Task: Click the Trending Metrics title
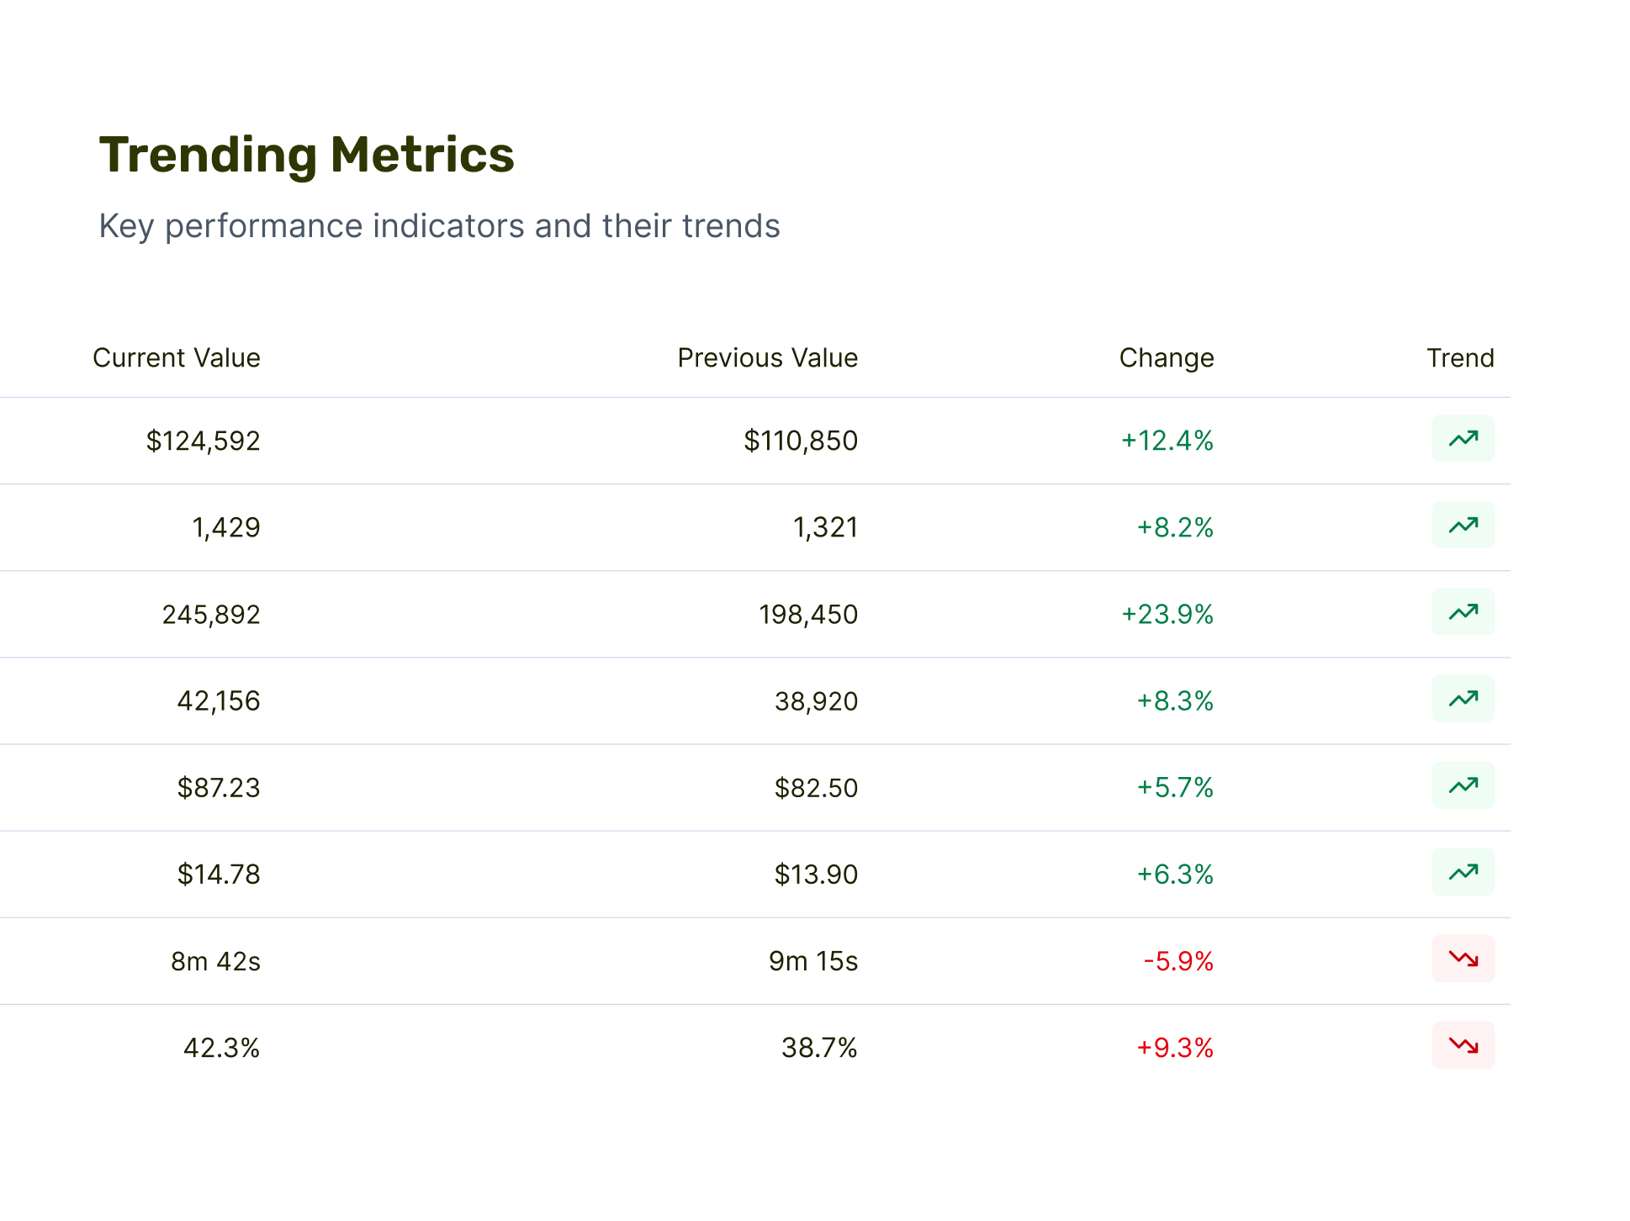(x=306, y=156)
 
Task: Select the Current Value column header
(x=176, y=358)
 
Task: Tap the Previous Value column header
(x=767, y=358)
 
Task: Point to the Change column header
(x=1166, y=358)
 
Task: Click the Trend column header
(x=1460, y=358)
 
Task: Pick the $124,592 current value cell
(x=203, y=441)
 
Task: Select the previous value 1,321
(x=825, y=528)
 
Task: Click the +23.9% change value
(x=1167, y=615)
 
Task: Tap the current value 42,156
(x=219, y=701)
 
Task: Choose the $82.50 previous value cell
(x=816, y=788)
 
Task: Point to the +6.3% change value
(x=1175, y=875)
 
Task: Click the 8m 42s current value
(x=215, y=961)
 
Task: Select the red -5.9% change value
(x=1178, y=961)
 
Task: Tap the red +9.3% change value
(x=1175, y=1048)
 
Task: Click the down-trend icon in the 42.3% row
(x=1463, y=1045)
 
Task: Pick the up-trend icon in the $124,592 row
(x=1463, y=438)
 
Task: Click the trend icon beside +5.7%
(x=1463, y=785)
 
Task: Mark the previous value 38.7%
(x=819, y=1048)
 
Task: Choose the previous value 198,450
(x=808, y=615)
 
